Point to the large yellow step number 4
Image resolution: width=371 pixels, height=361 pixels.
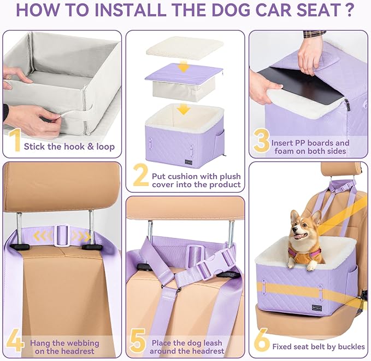click(14, 342)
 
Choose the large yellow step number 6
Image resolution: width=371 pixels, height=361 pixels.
click(262, 340)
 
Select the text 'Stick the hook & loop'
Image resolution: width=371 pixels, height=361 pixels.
click(69, 147)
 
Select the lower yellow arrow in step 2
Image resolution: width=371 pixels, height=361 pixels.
click(185, 109)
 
